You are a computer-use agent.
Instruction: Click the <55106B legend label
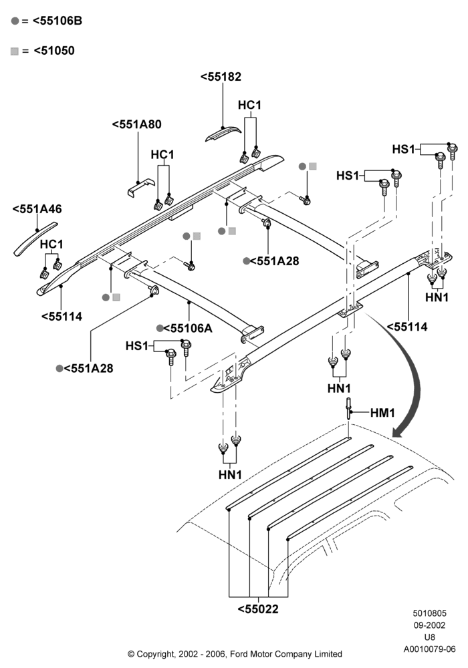(57, 21)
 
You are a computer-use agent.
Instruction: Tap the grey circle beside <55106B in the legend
(15, 21)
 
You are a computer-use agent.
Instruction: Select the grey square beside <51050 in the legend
(15, 51)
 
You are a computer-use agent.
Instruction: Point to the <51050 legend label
(53, 51)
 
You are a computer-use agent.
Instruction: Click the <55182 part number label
(221, 77)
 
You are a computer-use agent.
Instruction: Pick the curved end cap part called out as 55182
(223, 134)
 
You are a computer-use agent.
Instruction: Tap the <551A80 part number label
(137, 124)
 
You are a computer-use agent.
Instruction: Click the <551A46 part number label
(37, 208)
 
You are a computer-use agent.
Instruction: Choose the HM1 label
(382, 412)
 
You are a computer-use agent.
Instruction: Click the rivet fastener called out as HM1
(349, 408)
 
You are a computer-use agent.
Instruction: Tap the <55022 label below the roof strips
(258, 609)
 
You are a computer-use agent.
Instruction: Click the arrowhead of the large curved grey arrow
(399, 432)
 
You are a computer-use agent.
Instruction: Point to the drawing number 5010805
(430, 613)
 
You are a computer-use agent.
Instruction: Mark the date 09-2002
(430, 625)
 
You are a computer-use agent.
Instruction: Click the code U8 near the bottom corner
(430, 637)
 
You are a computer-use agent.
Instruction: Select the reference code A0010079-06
(430, 649)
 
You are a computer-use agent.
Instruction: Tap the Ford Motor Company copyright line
(235, 654)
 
